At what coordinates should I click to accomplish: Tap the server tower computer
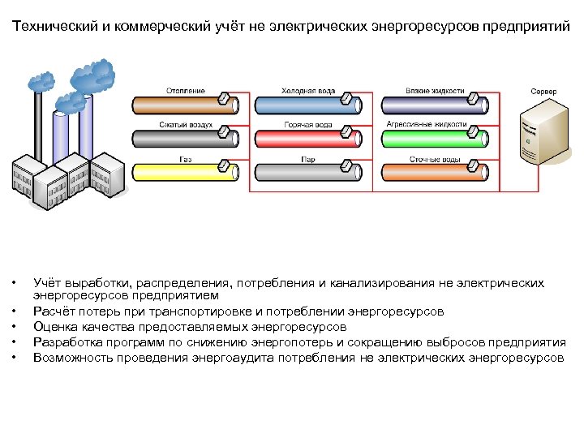545,134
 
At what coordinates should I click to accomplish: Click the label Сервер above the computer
543,92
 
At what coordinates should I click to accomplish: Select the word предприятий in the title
526,27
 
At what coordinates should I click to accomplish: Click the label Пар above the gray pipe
307,160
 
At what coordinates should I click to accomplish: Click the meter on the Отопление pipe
222,100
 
